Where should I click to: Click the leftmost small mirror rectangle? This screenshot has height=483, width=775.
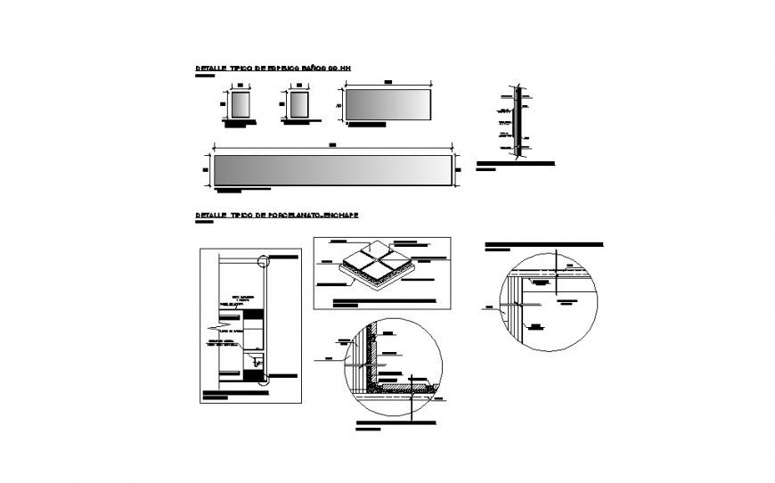tap(239, 103)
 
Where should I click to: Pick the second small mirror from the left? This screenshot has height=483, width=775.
tap(298, 103)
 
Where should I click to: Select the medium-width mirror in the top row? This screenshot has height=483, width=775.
tap(388, 103)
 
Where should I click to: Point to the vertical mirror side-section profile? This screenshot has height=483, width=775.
tap(515, 122)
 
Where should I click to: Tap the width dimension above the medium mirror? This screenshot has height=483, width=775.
tap(388, 83)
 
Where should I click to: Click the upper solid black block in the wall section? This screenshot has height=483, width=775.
tap(255, 313)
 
